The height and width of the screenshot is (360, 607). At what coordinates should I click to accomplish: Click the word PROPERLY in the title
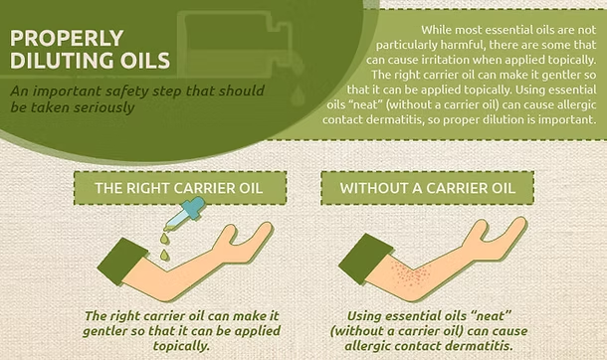click(67, 38)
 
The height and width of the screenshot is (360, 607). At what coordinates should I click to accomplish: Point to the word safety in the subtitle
click(125, 90)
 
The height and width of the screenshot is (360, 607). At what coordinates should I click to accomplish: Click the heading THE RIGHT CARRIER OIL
click(179, 188)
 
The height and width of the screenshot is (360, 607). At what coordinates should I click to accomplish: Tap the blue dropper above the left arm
click(185, 213)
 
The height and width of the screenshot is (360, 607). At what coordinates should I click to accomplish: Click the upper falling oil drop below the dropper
click(165, 239)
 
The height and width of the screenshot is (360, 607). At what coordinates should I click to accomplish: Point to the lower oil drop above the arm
click(164, 255)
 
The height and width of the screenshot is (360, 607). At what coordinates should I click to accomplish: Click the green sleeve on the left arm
click(122, 261)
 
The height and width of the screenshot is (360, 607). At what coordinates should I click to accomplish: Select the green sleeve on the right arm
click(364, 259)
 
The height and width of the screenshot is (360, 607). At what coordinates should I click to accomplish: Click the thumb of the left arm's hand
click(227, 234)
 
